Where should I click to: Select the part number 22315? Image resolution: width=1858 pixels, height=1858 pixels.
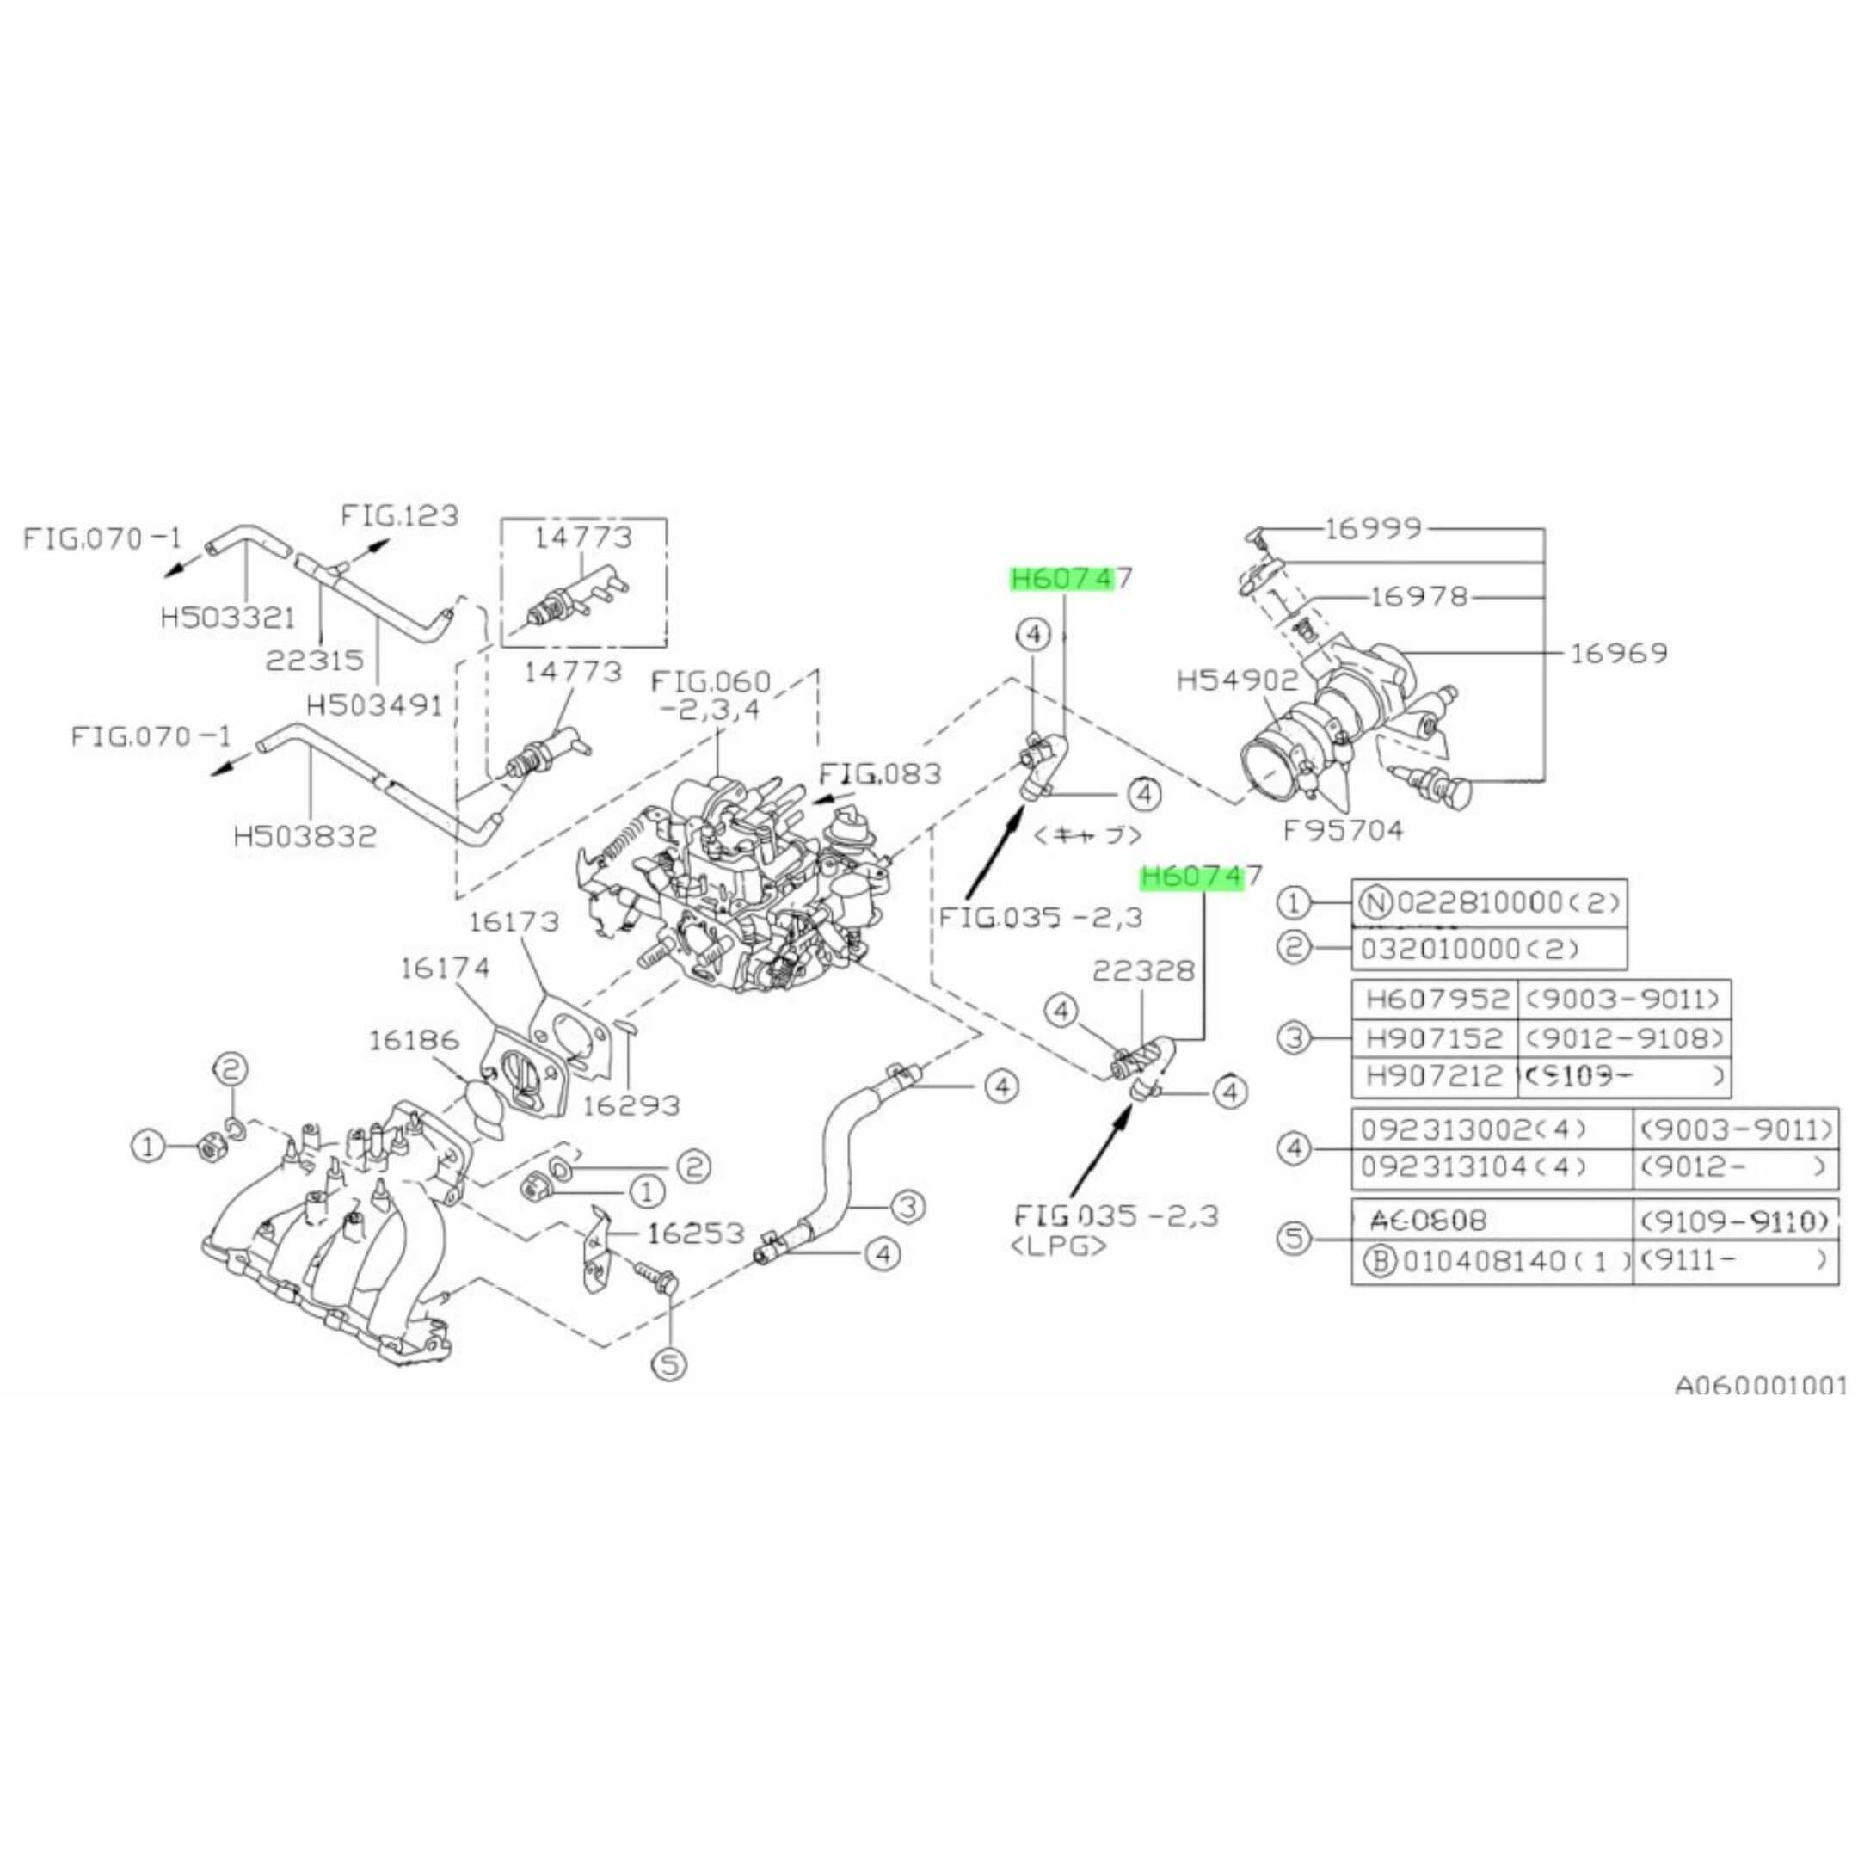pyautogui.click(x=317, y=661)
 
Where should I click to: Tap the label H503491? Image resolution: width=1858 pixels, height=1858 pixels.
pyautogui.click(x=374, y=706)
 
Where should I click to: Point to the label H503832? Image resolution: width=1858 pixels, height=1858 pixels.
pyautogui.click(x=305, y=837)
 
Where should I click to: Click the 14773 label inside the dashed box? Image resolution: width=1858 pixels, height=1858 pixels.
pyautogui.click(x=584, y=538)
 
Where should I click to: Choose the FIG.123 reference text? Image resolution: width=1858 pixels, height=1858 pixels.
pyautogui.click(x=399, y=515)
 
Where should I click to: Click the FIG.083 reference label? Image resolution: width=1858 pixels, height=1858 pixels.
pyautogui.click(x=879, y=773)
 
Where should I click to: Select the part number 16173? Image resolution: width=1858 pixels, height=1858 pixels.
pyautogui.click(x=514, y=921)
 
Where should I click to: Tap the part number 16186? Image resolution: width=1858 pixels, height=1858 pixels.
pyautogui.click(x=415, y=1042)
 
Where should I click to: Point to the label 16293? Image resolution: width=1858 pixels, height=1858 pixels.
pyautogui.click(x=631, y=1106)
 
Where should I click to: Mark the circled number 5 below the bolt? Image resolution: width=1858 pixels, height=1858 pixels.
pyautogui.click(x=670, y=1363)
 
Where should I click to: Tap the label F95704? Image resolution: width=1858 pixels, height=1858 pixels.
pyautogui.click(x=1344, y=828)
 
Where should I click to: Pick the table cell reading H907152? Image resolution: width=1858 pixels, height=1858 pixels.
pyautogui.click(x=1433, y=1038)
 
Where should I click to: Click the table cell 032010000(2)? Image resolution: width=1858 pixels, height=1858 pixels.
pyautogui.click(x=1469, y=949)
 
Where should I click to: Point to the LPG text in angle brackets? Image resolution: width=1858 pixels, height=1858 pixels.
pyautogui.click(x=1058, y=1246)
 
